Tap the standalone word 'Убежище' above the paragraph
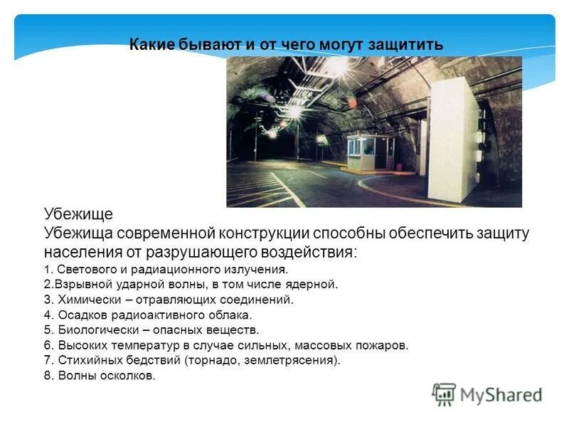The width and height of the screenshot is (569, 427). tap(78, 214)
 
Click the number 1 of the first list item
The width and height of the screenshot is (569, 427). tap(46, 270)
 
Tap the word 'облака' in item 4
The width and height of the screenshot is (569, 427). tap(230, 315)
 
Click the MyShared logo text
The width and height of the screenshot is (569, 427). tap(501, 394)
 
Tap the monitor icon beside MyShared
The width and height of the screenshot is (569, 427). tap(444, 394)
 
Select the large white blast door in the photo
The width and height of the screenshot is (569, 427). tap(451, 139)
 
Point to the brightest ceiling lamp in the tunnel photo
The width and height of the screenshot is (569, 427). tap(335, 67)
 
